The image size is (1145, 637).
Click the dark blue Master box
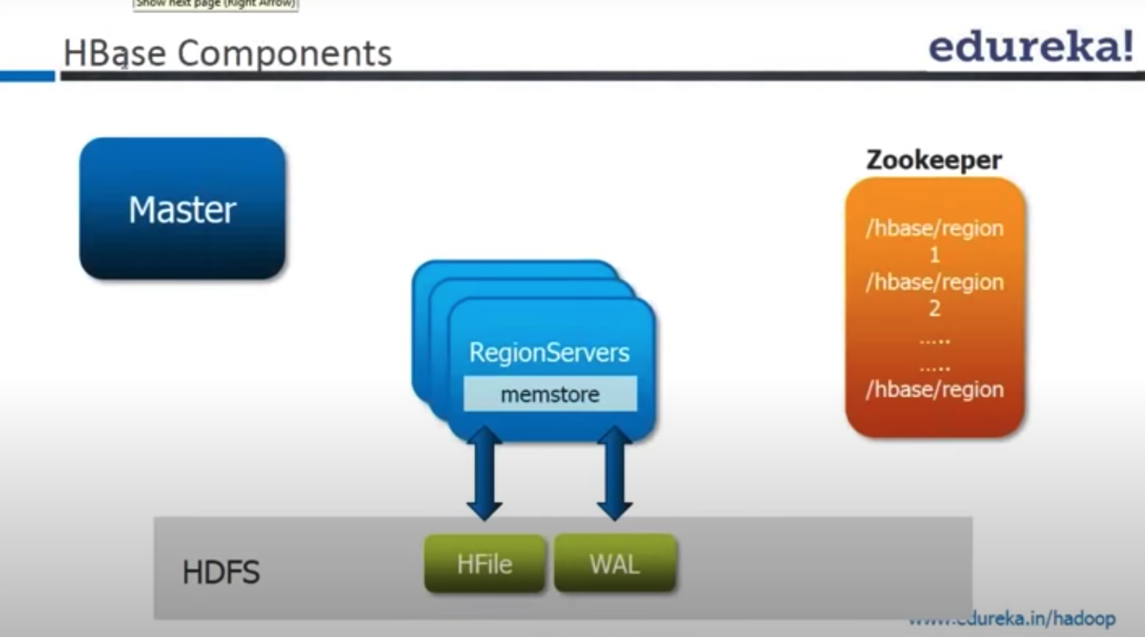tap(182, 208)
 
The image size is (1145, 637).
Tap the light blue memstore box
tap(550, 394)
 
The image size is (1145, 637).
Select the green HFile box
tap(484, 563)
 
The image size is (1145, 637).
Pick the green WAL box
tap(615, 563)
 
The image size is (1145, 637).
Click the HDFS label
tap(221, 572)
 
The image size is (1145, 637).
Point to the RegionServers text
tap(549, 352)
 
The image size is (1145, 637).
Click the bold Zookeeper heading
tap(934, 159)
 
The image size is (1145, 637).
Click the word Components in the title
tap(284, 53)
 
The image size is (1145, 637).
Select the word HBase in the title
tap(114, 53)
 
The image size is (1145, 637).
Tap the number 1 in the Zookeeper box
tap(934, 255)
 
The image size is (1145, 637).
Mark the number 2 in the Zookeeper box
tap(934, 309)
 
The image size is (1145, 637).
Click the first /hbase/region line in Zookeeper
tap(934, 228)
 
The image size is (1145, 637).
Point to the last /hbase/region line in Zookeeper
tap(934, 390)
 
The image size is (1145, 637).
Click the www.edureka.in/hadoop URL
tap(1012, 619)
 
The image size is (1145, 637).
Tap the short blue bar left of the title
tap(27, 76)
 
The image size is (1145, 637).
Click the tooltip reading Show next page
tap(215, 4)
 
